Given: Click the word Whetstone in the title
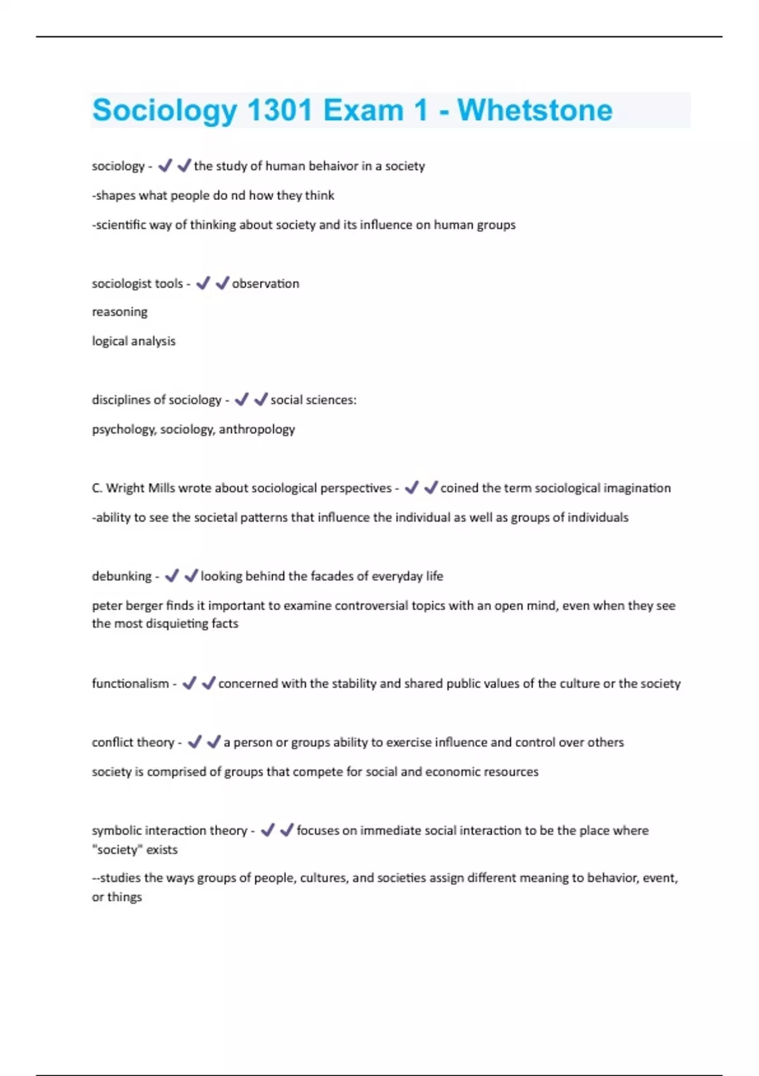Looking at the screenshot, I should [534, 110].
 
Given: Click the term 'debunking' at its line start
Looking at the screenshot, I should [121, 576].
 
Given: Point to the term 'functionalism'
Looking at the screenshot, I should [130, 684].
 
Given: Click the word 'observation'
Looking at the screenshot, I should [266, 284].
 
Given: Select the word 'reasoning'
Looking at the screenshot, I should [120, 312].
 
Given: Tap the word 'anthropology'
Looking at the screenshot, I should [257, 429].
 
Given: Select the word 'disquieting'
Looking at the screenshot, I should [178, 623].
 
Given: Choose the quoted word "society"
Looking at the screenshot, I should [117, 849].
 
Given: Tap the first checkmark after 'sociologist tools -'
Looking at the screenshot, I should [203, 284].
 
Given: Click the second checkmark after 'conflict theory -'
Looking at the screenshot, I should [214, 742].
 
